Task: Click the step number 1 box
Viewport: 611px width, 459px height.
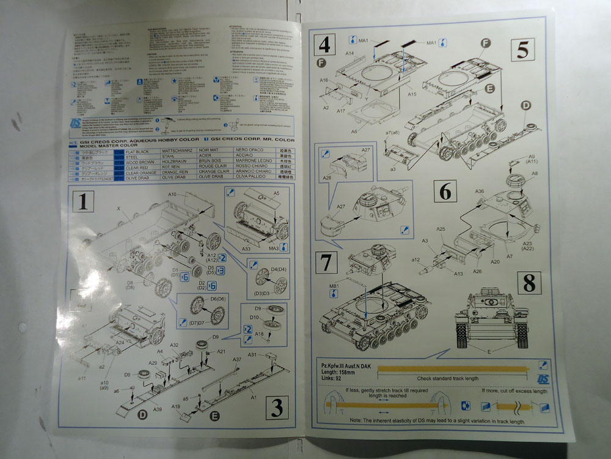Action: click(82, 200)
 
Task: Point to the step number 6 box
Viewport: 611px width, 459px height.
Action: click(445, 191)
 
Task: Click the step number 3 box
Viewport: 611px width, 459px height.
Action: click(276, 407)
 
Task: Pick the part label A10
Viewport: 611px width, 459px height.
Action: click(172, 194)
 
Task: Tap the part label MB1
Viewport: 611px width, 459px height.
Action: click(334, 285)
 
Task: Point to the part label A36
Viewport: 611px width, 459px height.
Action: click(480, 191)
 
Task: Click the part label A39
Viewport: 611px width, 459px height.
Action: click(157, 409)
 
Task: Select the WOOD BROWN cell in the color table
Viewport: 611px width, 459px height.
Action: click(139, 162)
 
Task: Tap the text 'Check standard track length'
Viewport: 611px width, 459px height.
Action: click(448, 378)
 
